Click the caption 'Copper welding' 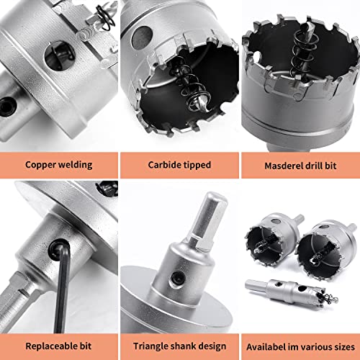[x=58, y=164]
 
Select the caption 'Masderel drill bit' [x=299, y=164]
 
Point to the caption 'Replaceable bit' [x=58, y=345]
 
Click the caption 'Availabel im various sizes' [x=299, y=345]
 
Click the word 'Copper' [x=40, y=164]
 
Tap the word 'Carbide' [x=163, y=164]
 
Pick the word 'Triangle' [x=150, y=345]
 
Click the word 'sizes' [x=341, y=345]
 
